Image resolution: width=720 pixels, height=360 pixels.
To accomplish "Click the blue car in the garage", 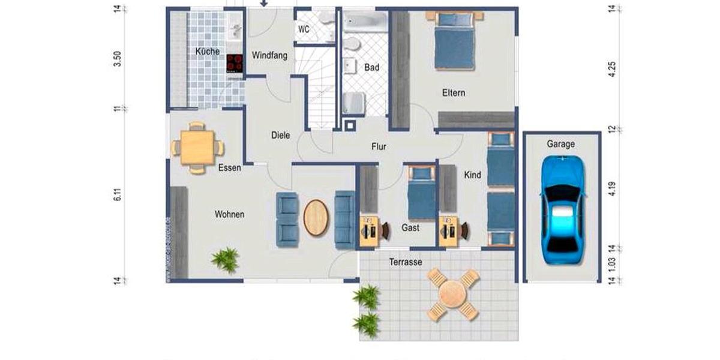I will coord(562,209).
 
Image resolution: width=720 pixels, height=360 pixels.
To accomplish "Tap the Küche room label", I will coord(208,52).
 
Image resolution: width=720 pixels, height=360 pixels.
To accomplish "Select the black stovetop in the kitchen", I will coord(235,62).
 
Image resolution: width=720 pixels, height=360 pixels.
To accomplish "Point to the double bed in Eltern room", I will coord(454,41).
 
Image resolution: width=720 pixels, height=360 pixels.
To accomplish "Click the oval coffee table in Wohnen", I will coord(316,217).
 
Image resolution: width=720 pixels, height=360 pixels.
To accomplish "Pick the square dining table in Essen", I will coord(197,148).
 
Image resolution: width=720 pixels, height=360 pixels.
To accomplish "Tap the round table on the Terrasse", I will coord(453,294).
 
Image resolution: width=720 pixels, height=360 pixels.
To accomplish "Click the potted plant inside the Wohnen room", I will coord(225,260).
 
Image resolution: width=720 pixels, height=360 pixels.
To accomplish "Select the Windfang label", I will coord(269,55).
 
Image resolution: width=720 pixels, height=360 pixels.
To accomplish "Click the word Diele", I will coord(280,135).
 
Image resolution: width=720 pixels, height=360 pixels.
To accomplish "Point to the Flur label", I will coord(379,146).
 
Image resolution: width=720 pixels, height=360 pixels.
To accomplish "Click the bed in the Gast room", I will coord(422,193).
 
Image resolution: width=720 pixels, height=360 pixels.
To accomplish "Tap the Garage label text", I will coord(560,144).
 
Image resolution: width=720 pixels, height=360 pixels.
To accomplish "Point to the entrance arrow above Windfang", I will coord(263,4).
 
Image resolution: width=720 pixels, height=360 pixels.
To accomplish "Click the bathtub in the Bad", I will coord(365,22).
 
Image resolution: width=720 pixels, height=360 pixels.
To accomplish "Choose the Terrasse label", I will coord(406,262).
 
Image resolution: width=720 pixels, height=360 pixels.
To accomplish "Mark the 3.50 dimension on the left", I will coord(118,59).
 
